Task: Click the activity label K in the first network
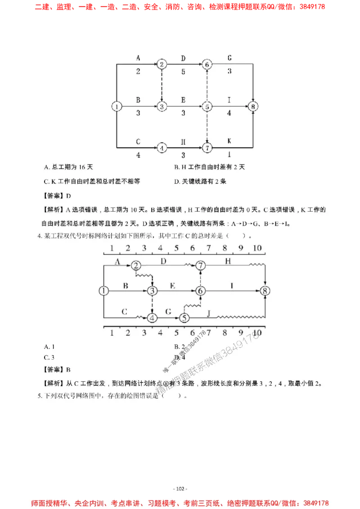pos(229,141)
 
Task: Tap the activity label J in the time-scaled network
pos(208,312)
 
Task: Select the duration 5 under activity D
pos(183,71)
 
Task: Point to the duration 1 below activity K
pos(229,155)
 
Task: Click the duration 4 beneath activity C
pos(138,155)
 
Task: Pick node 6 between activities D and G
pos(207,64)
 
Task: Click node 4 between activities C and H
pos(162,147)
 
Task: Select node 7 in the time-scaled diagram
pos(201,266)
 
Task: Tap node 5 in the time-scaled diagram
pos(184,317)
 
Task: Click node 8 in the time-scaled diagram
pos(265,291)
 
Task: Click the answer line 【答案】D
pos(56,196)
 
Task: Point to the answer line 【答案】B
pos(56,370)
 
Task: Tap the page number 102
pos(180,489)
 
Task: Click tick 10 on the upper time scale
pos(257,248)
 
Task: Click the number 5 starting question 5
pos(39,396)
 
